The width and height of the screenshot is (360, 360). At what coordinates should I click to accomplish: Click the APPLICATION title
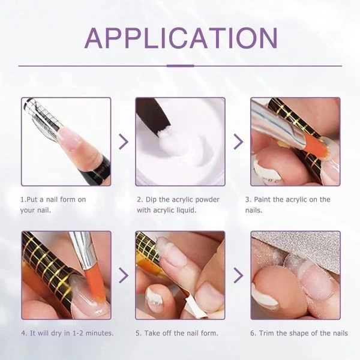pos(181,38)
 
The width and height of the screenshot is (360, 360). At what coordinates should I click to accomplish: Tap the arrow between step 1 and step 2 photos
pos(124,142)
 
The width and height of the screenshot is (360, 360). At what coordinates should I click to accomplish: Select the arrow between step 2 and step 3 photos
pos(238,142)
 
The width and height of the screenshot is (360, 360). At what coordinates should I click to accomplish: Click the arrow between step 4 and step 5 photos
pos(124,275)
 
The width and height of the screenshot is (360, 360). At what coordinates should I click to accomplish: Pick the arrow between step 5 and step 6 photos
pos(238,275)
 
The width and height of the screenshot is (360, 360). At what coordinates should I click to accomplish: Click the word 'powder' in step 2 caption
pos(208,200)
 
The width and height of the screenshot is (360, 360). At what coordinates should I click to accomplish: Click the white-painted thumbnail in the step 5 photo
pos(155,298)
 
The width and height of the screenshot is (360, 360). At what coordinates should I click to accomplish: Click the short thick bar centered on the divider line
pos(180,66)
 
